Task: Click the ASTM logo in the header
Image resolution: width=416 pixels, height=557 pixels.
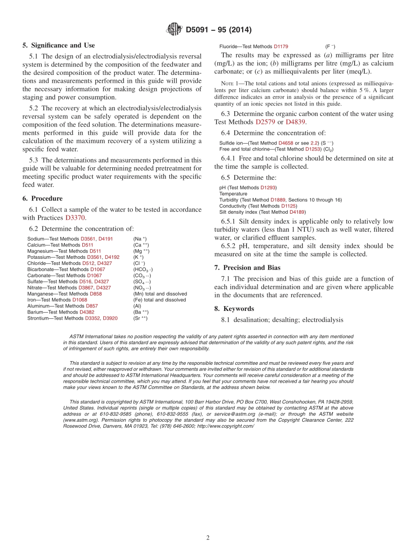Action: point(174,29)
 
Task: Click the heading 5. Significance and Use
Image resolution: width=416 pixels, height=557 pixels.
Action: point(58,45)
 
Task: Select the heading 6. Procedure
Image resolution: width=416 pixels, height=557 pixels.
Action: point(42,198)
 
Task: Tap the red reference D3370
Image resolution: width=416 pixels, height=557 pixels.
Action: point(75,217)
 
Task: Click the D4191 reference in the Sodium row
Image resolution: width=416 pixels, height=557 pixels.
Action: point(106,239)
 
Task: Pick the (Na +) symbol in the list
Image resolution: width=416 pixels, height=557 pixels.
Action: point(140,239)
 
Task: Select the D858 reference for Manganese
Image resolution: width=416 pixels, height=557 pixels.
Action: point(95,294)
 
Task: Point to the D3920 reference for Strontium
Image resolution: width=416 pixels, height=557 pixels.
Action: point(110,318)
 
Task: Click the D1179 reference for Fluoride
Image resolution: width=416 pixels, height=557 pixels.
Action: point(281,46)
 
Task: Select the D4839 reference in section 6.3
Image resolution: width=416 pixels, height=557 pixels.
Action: point(296,122)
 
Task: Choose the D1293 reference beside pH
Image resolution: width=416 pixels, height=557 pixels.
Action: point(268,187)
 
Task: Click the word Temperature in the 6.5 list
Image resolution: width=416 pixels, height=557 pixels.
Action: point(233,194)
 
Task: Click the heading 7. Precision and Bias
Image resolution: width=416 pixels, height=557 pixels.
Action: point(247,268)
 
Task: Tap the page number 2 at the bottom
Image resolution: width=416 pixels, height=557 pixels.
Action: point(208,538)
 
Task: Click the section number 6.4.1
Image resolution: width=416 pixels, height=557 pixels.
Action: point(229,158)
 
